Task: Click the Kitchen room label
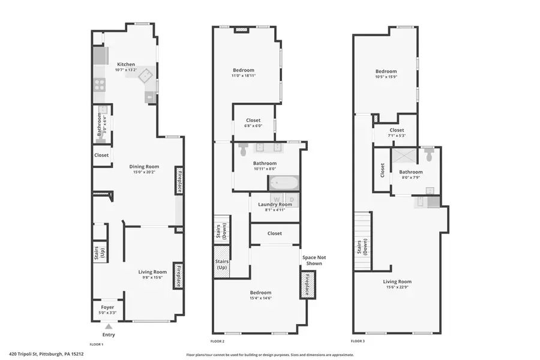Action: point(126,64)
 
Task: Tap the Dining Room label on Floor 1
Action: point(144,167)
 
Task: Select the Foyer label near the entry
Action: point(107,307)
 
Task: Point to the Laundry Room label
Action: point(275,205)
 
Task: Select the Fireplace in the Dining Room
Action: point(178,181)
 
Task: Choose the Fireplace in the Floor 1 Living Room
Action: point(178,275)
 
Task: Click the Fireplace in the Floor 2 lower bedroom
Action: point(307,284)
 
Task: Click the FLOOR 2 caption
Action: point(217,341)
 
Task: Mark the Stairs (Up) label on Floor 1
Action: point(100,252)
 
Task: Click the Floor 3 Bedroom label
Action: point(386,71)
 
